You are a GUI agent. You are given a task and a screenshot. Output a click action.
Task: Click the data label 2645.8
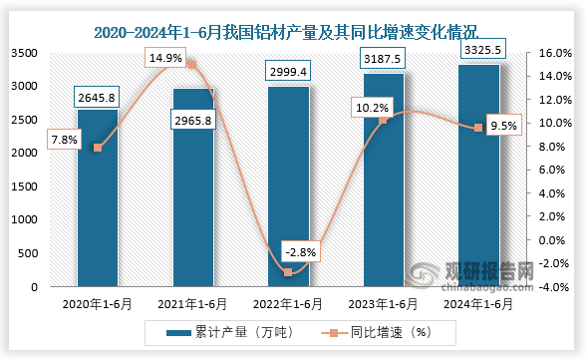click(98, 97)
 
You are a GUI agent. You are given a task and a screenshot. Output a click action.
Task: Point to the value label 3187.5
click(384, 61)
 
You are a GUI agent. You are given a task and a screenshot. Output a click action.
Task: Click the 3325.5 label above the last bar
click(478, 47)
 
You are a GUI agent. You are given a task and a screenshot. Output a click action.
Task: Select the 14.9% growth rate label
click(164, 59)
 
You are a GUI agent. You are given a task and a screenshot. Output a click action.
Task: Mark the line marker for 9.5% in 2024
click(478, 128)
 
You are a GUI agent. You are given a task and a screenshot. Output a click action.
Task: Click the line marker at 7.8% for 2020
click(97, 148)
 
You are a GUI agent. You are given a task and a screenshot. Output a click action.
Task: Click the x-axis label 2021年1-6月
click(192, 304)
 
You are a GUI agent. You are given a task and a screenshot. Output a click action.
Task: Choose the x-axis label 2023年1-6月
click(383, 304)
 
